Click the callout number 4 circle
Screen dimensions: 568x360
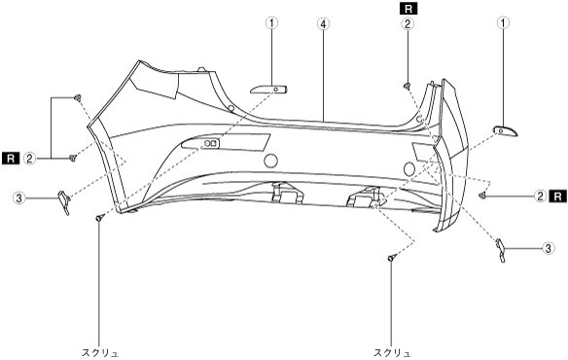[323, 24]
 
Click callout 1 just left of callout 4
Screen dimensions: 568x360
[271, 23]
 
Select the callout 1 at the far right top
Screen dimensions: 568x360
[503, 23]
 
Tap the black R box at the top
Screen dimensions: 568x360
[408, 9]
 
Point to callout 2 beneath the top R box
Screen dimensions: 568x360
[408, 24]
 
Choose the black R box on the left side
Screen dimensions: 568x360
[11, 158]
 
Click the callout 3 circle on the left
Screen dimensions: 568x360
[18, 198]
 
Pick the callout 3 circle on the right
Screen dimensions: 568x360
[549, 248]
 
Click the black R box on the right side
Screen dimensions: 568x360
[558, 197]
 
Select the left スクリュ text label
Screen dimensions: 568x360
[100, 353]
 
